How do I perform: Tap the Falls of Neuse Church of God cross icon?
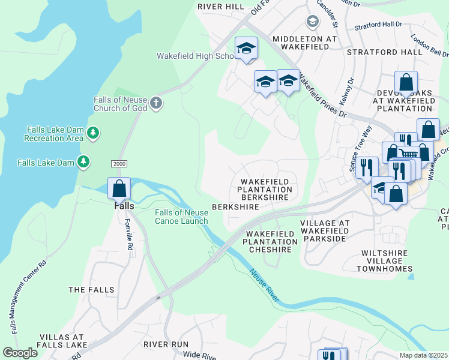pos(156,103)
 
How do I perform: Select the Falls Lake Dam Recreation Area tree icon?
pos(92,132)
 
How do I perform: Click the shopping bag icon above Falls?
pos(119,188)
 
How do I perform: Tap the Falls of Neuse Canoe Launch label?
pos(181,217)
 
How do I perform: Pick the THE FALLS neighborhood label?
pos(91,290)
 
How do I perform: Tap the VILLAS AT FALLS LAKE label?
pos(63,342)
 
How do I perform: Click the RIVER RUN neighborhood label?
pos(166,344)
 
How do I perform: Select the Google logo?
pos(20,353)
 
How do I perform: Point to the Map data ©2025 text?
pos(423,355)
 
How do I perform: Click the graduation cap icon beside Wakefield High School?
pos(246,49)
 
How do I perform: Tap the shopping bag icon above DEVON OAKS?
pos(406,82)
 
